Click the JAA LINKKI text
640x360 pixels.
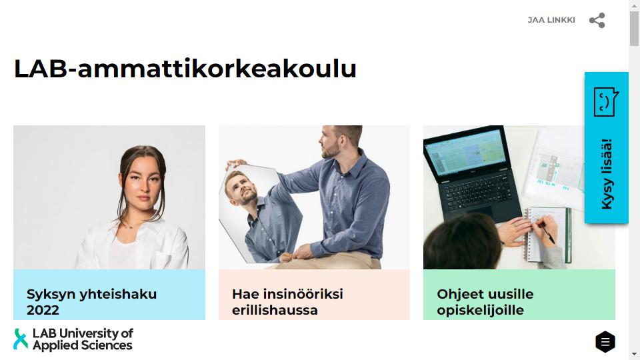(x=551, y=20)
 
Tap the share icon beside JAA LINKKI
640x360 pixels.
(x=597, y=21)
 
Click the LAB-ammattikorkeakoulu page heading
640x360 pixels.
(x=185, y=69)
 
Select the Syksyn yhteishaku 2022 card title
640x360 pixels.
(x=91, y=302)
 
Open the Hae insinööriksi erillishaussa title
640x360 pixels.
(x=287, y=302)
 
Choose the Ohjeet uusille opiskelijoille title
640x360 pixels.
(x=485, y=302)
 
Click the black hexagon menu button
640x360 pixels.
(x=605, y=341)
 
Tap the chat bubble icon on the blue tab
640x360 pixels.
(x=606, y=101)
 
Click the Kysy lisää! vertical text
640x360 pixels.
(x=607, y=174)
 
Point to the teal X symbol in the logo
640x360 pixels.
(x=21, y=339)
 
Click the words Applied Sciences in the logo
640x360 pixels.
(x=83, y=345)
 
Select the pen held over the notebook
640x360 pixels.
(x=546, y=232)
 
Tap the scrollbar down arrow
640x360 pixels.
(x=634, y=354)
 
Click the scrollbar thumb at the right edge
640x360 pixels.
(x=634, y=29)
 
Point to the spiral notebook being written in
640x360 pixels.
(x=546, y=235)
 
